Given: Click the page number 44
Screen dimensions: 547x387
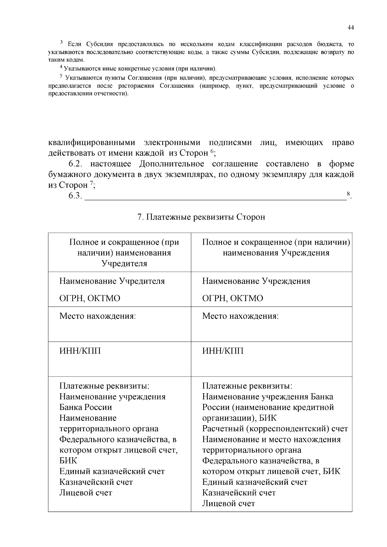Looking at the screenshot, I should click(351, 28).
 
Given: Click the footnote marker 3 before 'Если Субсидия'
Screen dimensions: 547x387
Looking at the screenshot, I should click(62, 42).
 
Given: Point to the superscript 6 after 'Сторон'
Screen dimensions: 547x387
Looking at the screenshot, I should click(212, 151).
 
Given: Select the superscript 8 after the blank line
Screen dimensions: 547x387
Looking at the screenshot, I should click(348, 194).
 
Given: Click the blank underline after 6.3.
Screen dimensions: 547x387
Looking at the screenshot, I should click(215, 197).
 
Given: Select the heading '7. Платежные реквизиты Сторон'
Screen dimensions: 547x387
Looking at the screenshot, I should click(201, 217).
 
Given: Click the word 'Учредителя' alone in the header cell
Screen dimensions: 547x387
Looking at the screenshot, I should click(124, 263).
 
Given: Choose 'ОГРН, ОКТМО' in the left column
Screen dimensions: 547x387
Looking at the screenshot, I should click(90, 298).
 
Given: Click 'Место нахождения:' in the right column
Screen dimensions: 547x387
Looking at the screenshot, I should click(240, 316).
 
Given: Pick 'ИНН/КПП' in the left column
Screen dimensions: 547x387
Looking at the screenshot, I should click(80, 351).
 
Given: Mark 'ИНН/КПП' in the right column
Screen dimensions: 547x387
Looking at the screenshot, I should click(223, 351).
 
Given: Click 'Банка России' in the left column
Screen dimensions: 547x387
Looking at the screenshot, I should click(85, 407).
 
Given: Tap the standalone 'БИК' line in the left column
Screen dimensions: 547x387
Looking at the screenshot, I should click(68, 461).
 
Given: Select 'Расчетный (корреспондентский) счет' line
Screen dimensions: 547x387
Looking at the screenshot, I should click(275, 429).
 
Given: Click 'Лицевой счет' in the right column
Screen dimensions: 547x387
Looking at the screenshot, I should click(228, 503).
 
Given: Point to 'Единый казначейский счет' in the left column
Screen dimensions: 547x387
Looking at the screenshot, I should click(112, 471).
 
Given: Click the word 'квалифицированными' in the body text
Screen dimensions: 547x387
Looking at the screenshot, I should click(92, 142).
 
